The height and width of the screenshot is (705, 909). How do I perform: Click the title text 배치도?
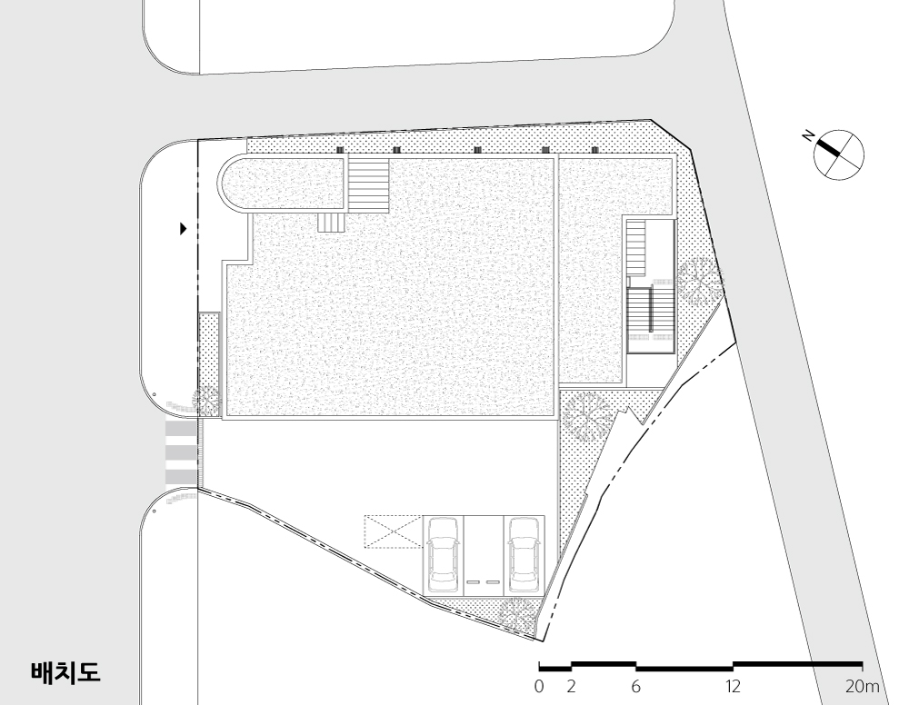(x=65, y=672)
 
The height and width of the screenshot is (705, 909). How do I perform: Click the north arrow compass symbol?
(x=838, y=154)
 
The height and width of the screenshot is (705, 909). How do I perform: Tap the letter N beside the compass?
(x=807, y=136)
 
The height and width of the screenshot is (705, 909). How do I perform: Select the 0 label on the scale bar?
(x=539, y=687)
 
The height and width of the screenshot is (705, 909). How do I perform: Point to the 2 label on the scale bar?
(x=571, y=687)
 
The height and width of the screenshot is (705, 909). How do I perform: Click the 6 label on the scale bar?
(x=636, y=687)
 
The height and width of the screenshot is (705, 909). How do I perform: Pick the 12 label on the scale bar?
(x=733, y=687)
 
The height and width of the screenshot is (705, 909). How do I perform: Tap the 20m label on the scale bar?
(x=862, y=687)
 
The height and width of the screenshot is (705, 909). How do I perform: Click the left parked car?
(x=443, y=552)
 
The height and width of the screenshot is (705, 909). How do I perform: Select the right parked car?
(x=524, y=552)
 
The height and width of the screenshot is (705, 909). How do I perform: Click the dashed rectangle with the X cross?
(x=393, y=531)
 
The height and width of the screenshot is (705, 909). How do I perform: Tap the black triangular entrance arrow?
(x=184, y=229)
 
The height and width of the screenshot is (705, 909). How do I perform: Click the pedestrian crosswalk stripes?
(x=181, y=453)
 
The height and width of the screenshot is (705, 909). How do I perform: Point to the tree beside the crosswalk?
(x=206, y=401)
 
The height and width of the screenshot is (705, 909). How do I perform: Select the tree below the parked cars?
(x=517, y=615)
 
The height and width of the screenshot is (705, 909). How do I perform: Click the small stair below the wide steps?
(x=332, y=223)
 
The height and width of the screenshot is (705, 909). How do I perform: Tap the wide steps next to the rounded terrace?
(x=368, y=184)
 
